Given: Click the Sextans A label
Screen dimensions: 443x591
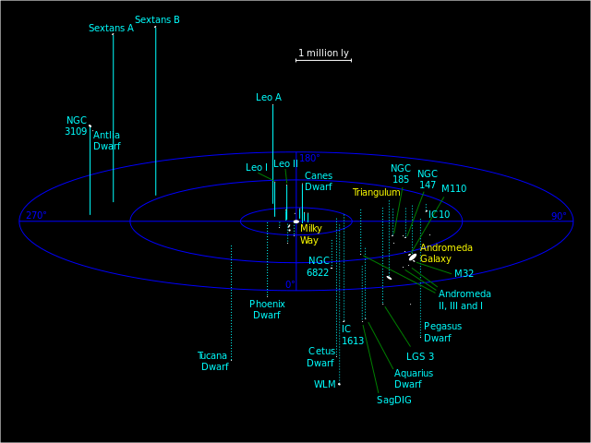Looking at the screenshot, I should point(111,28).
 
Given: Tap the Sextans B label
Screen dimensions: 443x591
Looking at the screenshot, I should point(157,19).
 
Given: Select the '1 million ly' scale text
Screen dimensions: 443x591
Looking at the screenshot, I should point(323,53).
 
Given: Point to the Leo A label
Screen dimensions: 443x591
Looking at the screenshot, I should point(269,97).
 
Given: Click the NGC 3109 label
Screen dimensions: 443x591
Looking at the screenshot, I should point(76,126).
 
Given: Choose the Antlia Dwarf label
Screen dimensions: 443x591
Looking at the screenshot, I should point(106,140).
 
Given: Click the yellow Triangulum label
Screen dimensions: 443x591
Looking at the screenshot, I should point(376,192).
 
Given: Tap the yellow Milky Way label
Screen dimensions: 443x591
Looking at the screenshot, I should point(310,233).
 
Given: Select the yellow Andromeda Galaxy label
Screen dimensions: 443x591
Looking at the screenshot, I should point(446,253).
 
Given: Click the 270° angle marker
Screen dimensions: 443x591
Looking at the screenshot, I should point(35,216).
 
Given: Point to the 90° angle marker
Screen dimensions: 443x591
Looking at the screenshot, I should point(559,216).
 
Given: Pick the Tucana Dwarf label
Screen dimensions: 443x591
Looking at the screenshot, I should point(212,361).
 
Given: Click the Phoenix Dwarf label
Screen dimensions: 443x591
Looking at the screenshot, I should point(267,309).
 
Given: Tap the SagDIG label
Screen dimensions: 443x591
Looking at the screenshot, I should point(394,400).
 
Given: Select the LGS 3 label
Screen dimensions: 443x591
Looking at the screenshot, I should point(420,356).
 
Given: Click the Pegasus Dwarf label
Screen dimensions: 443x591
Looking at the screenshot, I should point(442,331).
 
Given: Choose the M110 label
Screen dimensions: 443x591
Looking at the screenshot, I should point(453,188).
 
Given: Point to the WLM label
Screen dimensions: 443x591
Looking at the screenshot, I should point(325,384).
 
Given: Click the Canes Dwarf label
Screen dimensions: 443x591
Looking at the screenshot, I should point(319,181).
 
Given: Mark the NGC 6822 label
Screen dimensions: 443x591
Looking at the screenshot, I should point(319,266).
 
